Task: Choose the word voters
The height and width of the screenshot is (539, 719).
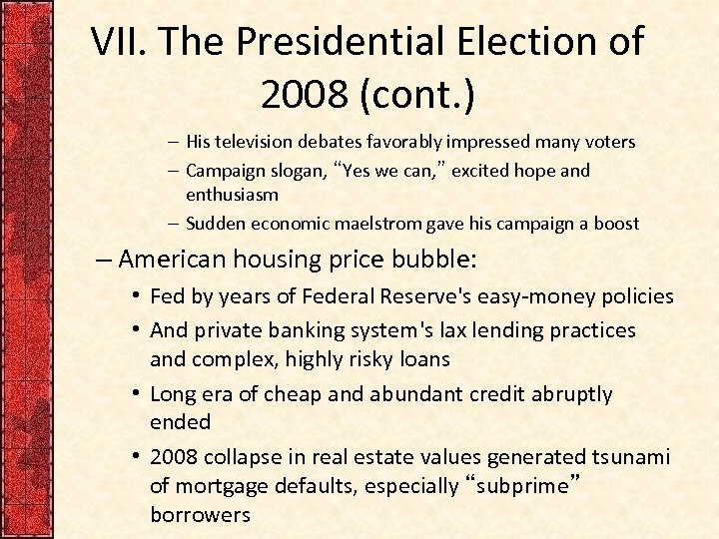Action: click(x=608, y=142)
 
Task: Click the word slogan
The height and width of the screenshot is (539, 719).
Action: click(x=291, y=170)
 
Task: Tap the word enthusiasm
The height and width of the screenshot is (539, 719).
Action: click(x=232, y=195)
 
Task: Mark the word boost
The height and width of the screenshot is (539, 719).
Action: click(x=615, y=223)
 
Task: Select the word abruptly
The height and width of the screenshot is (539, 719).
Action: click(x=561, y=394)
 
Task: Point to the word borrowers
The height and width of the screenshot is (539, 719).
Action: click(x=200, y=515)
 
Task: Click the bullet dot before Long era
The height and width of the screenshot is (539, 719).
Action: click(x=134, y=394)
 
